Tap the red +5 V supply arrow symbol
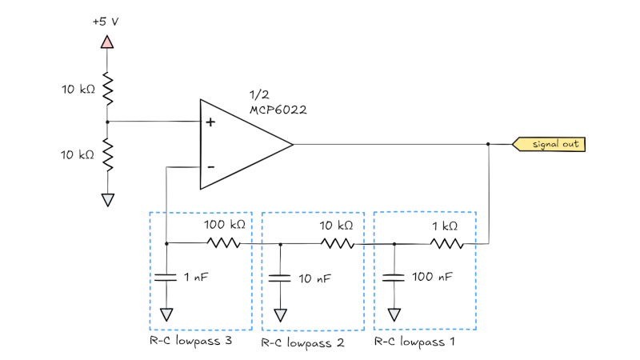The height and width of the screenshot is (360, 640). coord(107,41)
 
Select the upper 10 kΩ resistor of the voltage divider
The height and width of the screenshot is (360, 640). coord(107,90)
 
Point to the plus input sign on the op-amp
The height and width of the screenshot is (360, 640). coord(211,123)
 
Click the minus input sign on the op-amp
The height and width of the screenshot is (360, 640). coord(211,166)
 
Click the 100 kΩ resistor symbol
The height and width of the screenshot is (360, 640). coord(223,243)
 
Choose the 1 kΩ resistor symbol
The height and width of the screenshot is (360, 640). coord(446,243)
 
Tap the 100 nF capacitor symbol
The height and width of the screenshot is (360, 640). coord(394,278)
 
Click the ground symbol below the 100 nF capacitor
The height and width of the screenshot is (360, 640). coord(394,314)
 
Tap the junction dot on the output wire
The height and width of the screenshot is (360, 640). coord(488,145)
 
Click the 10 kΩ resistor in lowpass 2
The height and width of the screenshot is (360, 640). coord(336,243)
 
